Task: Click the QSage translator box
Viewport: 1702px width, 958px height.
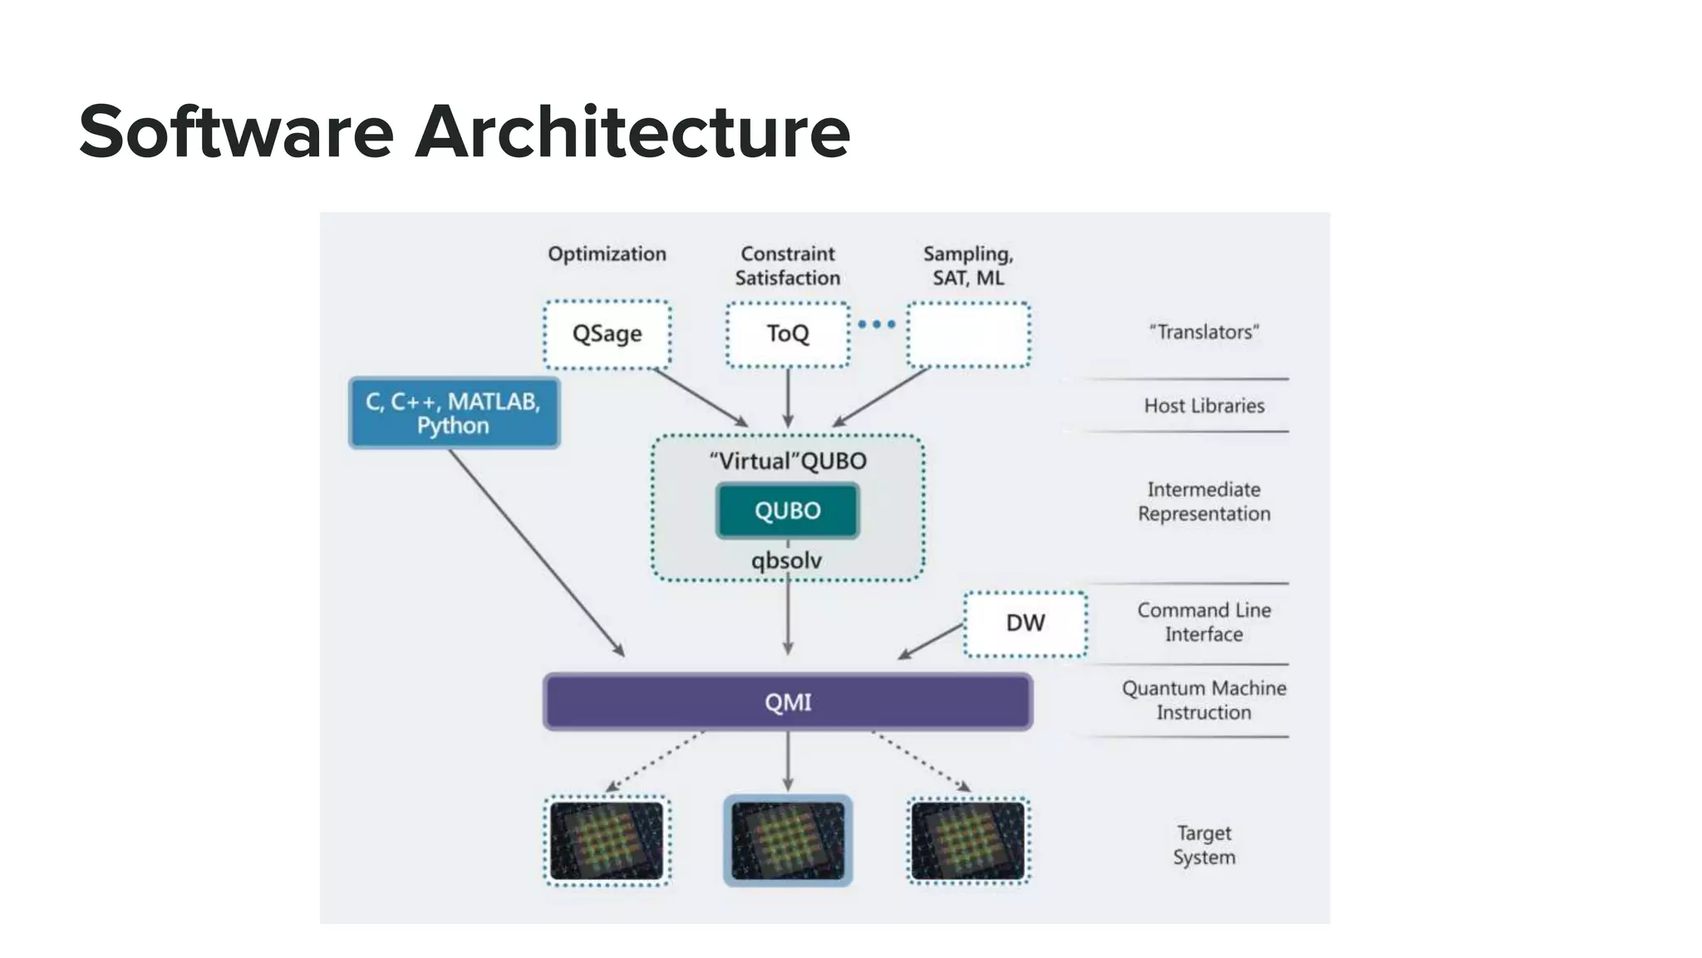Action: tap(607, 334)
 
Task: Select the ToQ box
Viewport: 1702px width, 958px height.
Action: tap(787, 334)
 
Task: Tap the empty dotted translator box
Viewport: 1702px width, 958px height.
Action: tap(968, 334)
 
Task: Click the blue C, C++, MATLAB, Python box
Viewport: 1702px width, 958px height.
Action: tap(454, 413)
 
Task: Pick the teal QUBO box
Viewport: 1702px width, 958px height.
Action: tap(787, 511)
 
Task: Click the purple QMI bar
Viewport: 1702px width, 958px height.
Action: tap(787, 703)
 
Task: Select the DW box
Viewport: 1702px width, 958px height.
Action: tap(1025, 624)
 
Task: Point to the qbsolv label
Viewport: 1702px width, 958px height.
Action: tap(786, 561)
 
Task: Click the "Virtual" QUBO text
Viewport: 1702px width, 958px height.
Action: tap(787, 462)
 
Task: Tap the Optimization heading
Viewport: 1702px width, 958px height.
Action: tap(607, 254)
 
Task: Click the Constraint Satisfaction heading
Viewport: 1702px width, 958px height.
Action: tap(787, 266)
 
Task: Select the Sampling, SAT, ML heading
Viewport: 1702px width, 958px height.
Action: tap(968, 266)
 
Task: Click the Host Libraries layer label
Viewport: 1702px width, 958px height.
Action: tap(1203, 406)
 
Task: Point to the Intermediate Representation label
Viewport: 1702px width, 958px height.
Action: tap(1203, 501)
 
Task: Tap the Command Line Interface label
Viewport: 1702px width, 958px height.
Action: tap(1203, 622)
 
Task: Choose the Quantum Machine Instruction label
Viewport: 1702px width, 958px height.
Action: tap(1203, 700)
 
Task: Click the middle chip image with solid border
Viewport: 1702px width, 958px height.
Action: tap(787, 841)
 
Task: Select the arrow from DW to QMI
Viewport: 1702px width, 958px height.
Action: tap(931, 641)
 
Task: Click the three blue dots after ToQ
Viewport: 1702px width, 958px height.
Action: tap(877, 324)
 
